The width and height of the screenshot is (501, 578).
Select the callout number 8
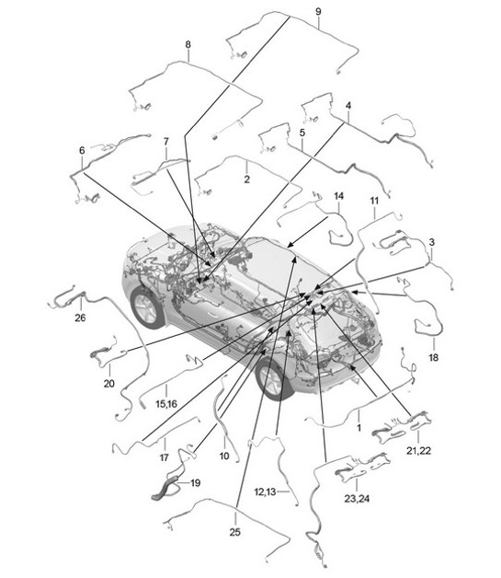pos(188,44)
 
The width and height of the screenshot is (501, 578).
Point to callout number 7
pos(166,142)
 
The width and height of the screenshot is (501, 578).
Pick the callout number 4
pos(348,106)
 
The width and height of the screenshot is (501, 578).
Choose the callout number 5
pos(302,133)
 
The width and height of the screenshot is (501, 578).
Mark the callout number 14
pos(338,197)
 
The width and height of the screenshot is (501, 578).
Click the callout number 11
pos(374,201)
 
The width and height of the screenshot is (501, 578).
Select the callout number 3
pos(431,241)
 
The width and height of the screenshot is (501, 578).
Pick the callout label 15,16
pos(165,402)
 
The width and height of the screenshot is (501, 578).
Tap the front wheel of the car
pos(272,377)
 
